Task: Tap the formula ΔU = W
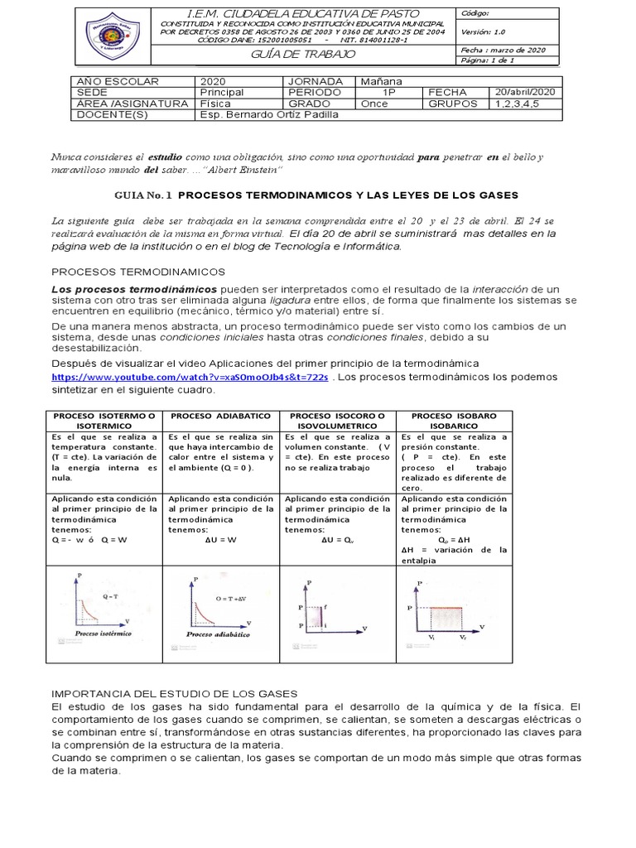(x=220, y=540)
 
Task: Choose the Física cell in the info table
(x=215, y=104)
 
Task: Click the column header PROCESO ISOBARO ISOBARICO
(x=454, y=420)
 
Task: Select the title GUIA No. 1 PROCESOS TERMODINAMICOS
(x=315, y=195)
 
